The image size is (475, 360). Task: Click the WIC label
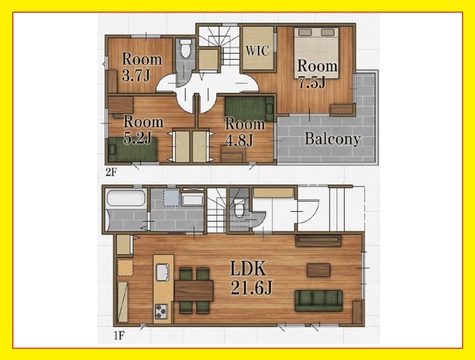pyautogui.click(x=257, y=51)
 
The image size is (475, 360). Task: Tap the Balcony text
pyautogui.click(x=332, y=139)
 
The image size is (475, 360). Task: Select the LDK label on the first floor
pyautogui.click(x=248, y=268)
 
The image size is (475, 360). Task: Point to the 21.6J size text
pyautogui.click(x=251, y=288)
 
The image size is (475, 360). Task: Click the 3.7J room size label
pyautogui.click(x=136, y=76)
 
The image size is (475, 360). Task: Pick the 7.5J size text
pyautogui.click(x=312, y=82)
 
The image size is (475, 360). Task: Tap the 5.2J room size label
pyautogui.click(x=137, y=137)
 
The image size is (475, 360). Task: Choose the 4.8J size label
pyautogui.click(x=239, y=140)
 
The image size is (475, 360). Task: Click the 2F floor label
pyautogui.click(x=111, y=172)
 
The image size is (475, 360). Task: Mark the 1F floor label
pyautogui.click(x=119, y=335)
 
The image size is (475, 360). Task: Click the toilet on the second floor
pyautogui.click(x=186, y=49)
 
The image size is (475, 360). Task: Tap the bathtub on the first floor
pyautogui.click(x=126, y=199)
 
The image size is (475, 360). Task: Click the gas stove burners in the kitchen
pyautogui.click(x=161, y=312)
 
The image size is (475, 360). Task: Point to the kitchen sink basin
pyautogui.click(x=163, y=272)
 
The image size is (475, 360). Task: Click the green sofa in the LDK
pyautogui.click(x=318, y=300)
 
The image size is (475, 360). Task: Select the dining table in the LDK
pyautogui.click(x=194, y=291)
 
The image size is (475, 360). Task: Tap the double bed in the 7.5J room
pyautogui.click(x=316, y=53)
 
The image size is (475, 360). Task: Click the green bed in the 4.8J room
pyautogui.click(x=249, y=109)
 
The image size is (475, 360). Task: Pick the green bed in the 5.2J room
pyautogui.click(x=133, y=150)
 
